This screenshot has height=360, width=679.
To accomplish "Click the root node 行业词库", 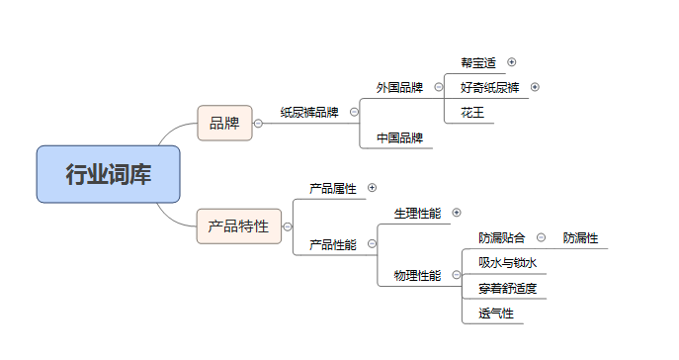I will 109,175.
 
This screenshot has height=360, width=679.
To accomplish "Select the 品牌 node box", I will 224,123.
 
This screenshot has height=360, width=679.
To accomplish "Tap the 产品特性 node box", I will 238,225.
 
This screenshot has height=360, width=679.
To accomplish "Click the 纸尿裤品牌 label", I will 308,113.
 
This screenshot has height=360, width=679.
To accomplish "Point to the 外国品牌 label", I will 399,88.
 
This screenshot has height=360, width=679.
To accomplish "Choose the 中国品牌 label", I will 399,137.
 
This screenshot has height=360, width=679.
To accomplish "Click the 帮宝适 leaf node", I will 478,62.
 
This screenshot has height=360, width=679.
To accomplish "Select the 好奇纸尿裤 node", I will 489,87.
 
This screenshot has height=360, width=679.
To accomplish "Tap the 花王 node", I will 472,113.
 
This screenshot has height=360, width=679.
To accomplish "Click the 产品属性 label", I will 332,187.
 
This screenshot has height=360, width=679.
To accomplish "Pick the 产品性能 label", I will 332,244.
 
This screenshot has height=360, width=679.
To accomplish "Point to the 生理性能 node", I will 417,213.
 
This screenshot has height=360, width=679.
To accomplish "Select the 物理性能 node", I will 417,276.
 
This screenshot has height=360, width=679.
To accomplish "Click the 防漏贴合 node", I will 502,237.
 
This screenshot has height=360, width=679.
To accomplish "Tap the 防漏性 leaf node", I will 580,237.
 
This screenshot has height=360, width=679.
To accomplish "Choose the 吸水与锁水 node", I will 506,263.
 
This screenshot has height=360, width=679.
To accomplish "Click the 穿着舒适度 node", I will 507,289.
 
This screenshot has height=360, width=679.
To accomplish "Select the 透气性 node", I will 495,314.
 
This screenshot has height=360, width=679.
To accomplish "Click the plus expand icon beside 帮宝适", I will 512,62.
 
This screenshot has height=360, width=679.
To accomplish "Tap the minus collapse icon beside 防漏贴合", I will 541,237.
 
